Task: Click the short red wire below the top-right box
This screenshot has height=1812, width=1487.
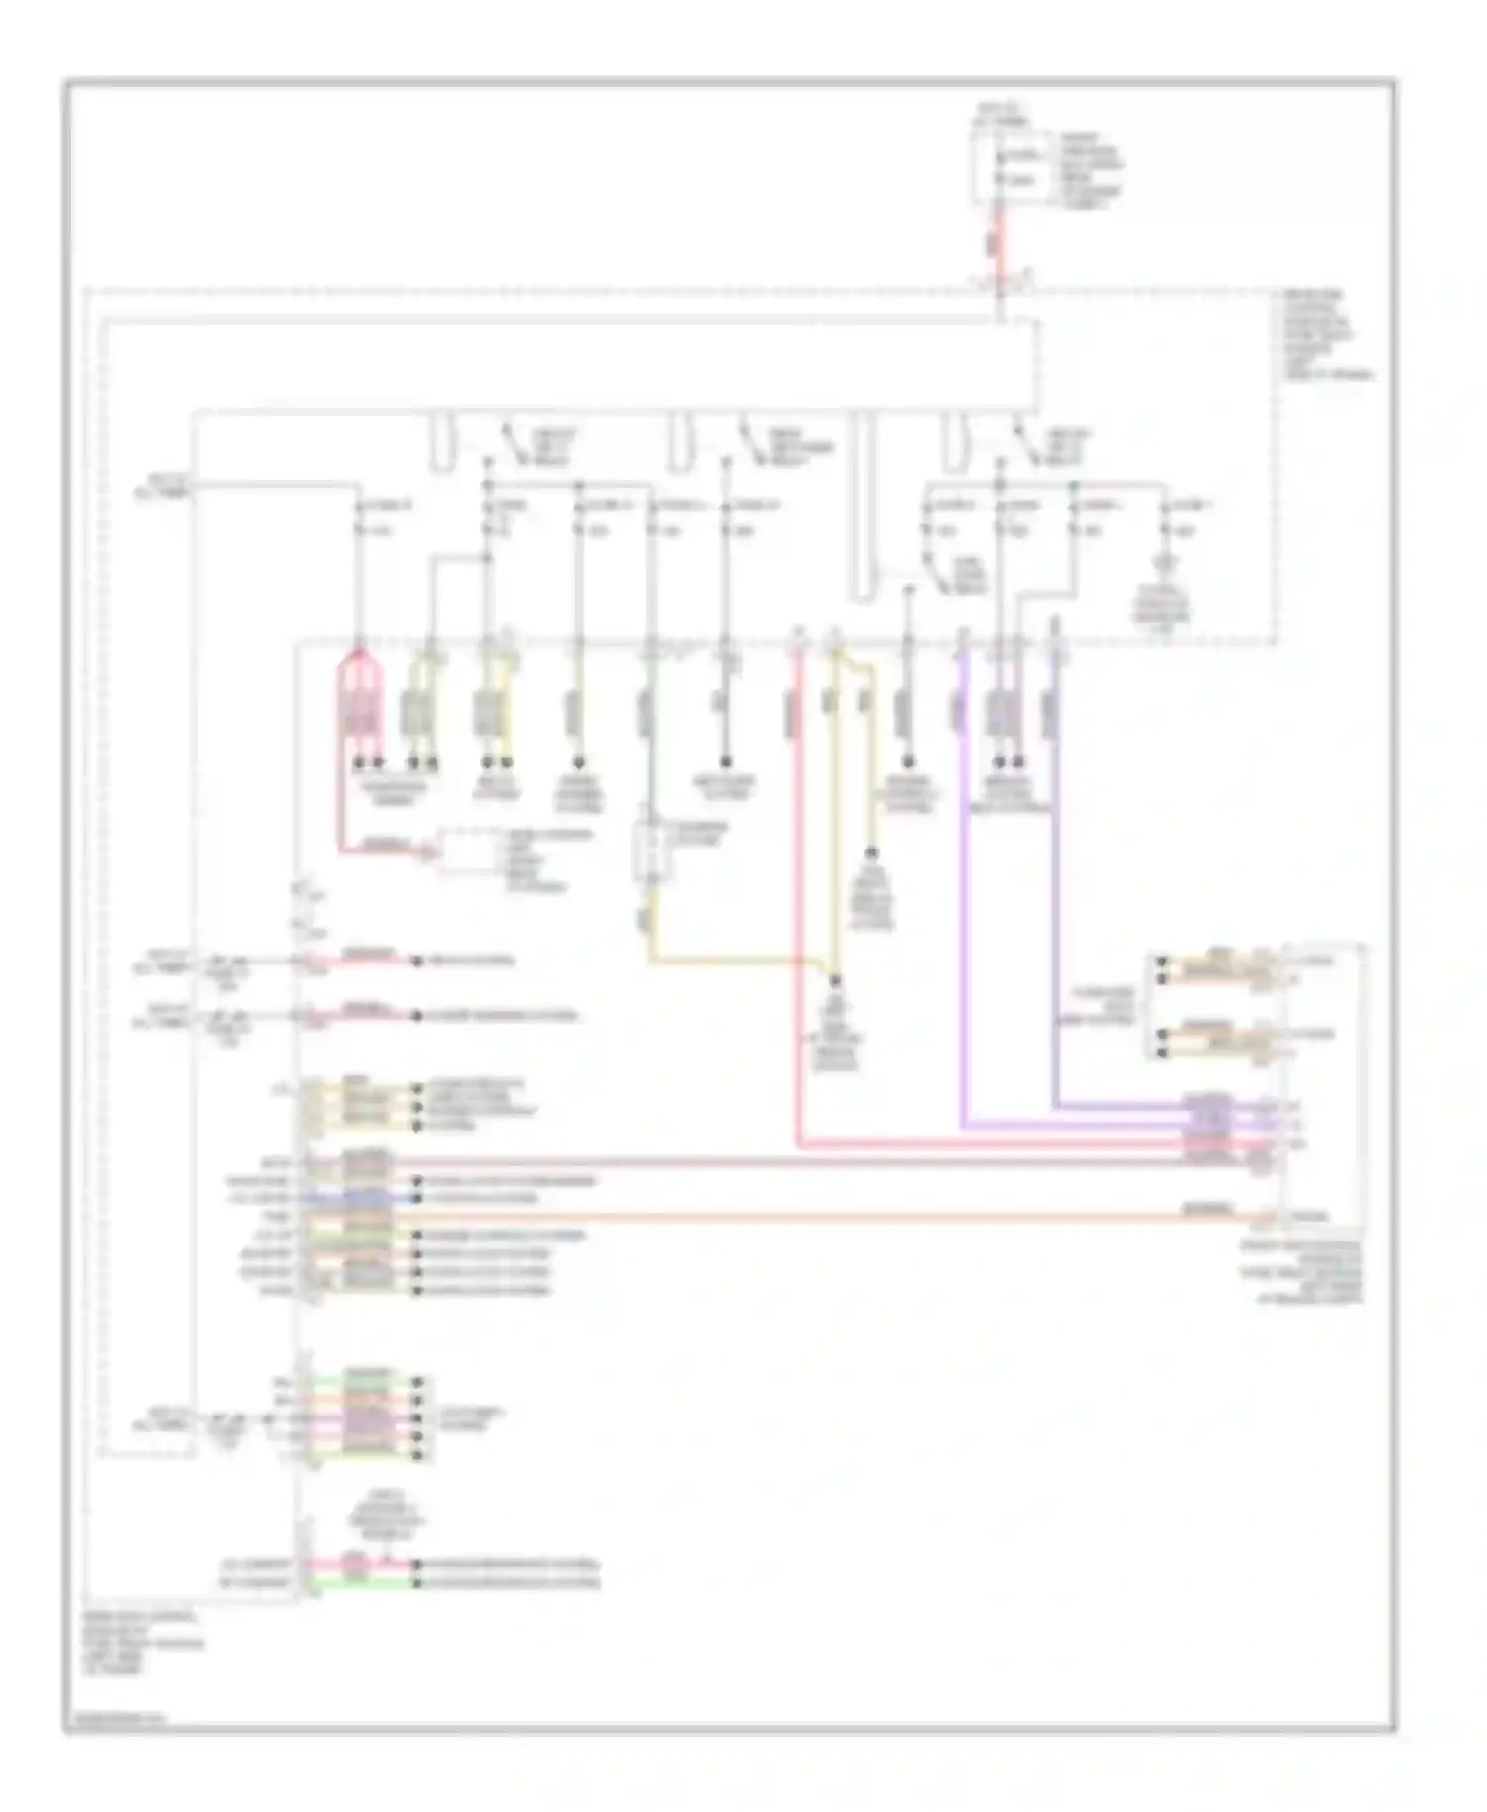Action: [x=999, y=243]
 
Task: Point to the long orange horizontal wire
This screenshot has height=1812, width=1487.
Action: [x=793, y=1215]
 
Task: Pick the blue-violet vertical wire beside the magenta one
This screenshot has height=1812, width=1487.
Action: [x=1055, y=892]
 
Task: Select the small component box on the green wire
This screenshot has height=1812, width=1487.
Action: [x=649, y=850]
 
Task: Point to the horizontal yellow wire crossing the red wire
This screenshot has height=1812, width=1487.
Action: [x=734, y=961]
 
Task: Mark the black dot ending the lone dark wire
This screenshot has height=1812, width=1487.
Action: [x=725, y=761]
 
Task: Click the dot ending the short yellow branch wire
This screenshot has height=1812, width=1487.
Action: [x=872, y=852]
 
